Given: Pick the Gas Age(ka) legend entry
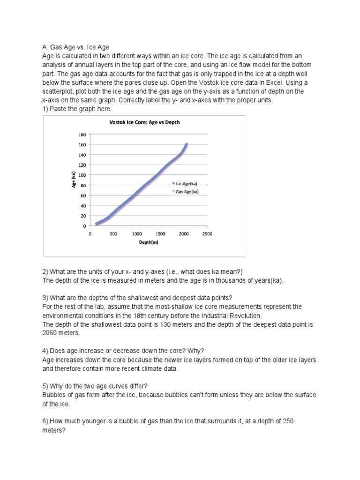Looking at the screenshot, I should click(x=187, y=191).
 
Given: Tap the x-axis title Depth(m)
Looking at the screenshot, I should click(x=148, y=243).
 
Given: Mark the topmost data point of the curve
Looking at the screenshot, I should click(x=187, y=144).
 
